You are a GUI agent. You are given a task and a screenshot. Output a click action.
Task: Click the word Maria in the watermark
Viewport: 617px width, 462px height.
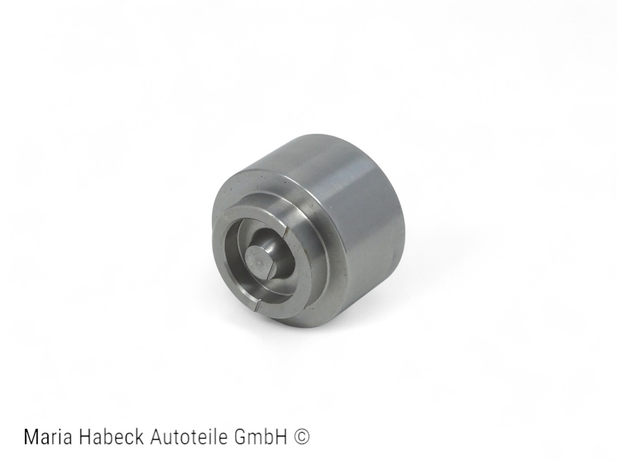click(x=46, y=437)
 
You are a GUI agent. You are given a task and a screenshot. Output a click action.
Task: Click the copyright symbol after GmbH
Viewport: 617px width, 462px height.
click(x=303, y=437)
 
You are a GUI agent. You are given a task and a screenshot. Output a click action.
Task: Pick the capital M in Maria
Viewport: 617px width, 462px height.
click(x=31, y=437)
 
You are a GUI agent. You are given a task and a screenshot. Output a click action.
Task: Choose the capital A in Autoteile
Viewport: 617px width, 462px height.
click(x=153, y=437)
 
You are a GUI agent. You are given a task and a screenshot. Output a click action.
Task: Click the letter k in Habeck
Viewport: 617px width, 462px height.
click(x=139, y=437)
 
